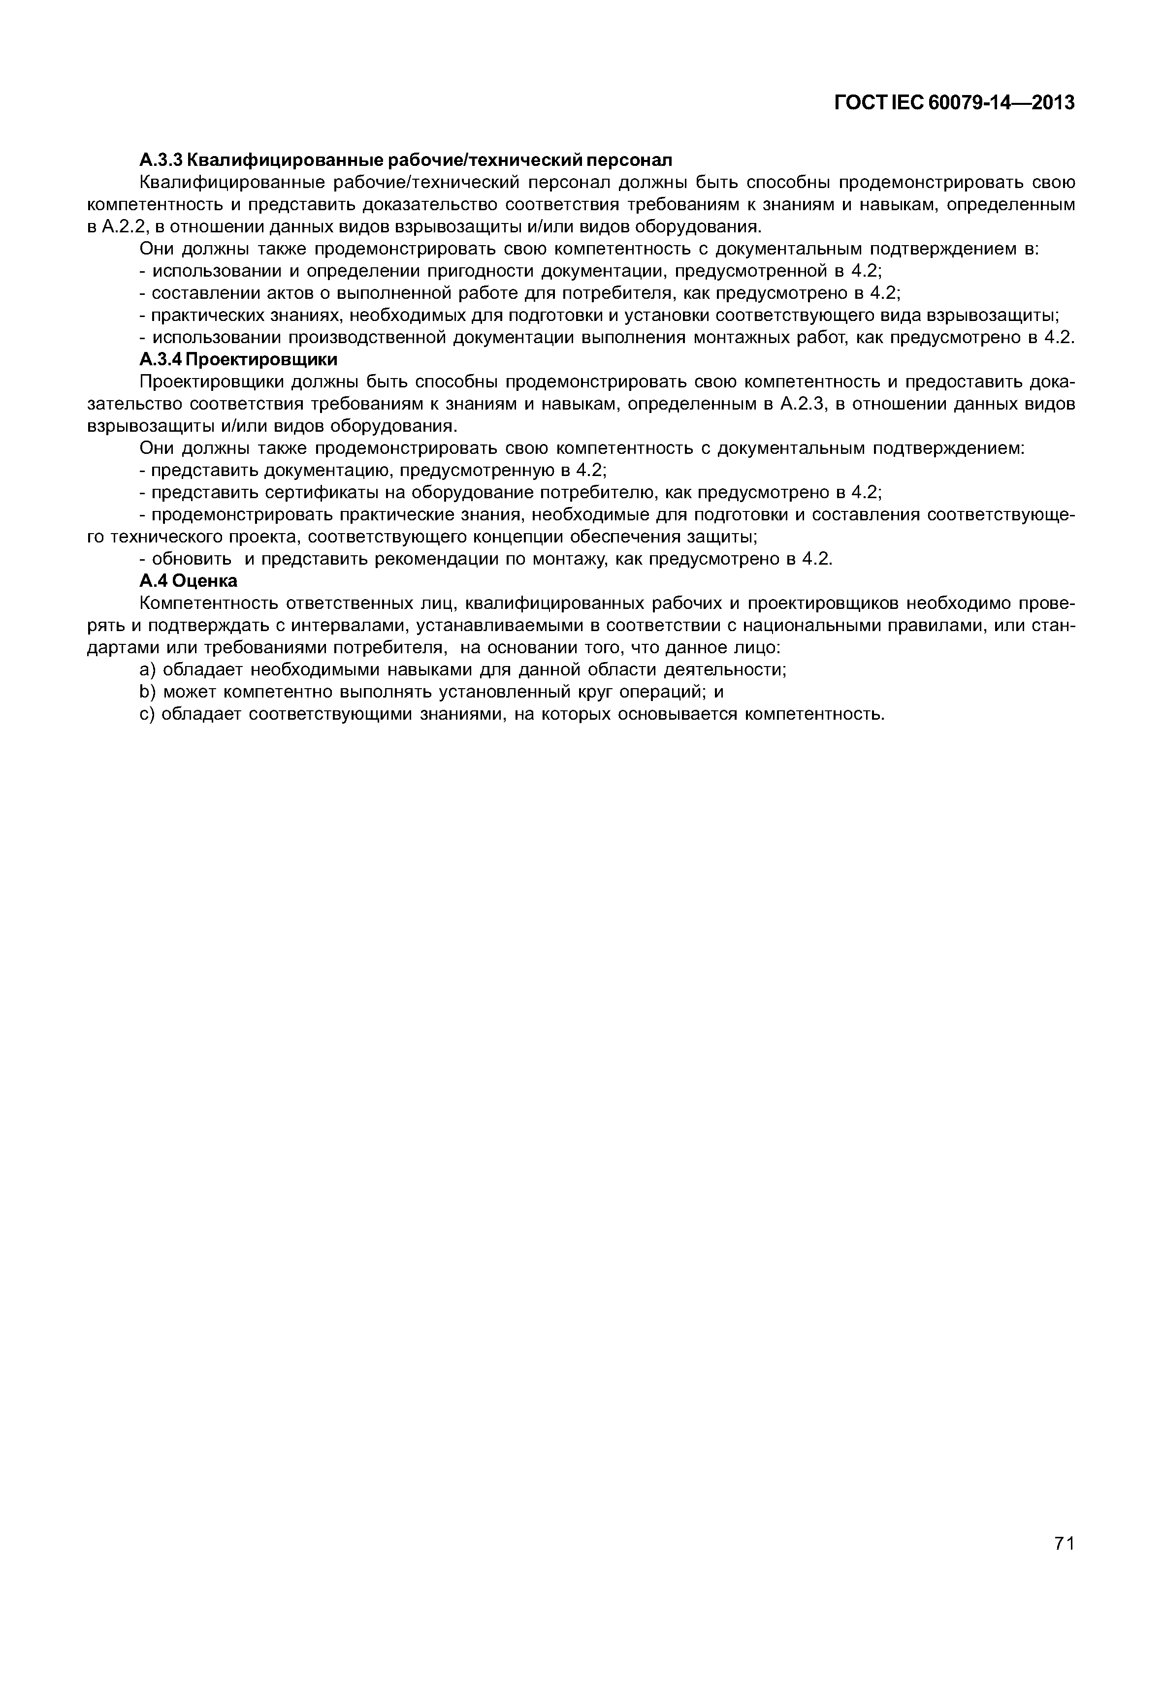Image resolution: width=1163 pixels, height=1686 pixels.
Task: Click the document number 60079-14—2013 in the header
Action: click(x=1002, y=103)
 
